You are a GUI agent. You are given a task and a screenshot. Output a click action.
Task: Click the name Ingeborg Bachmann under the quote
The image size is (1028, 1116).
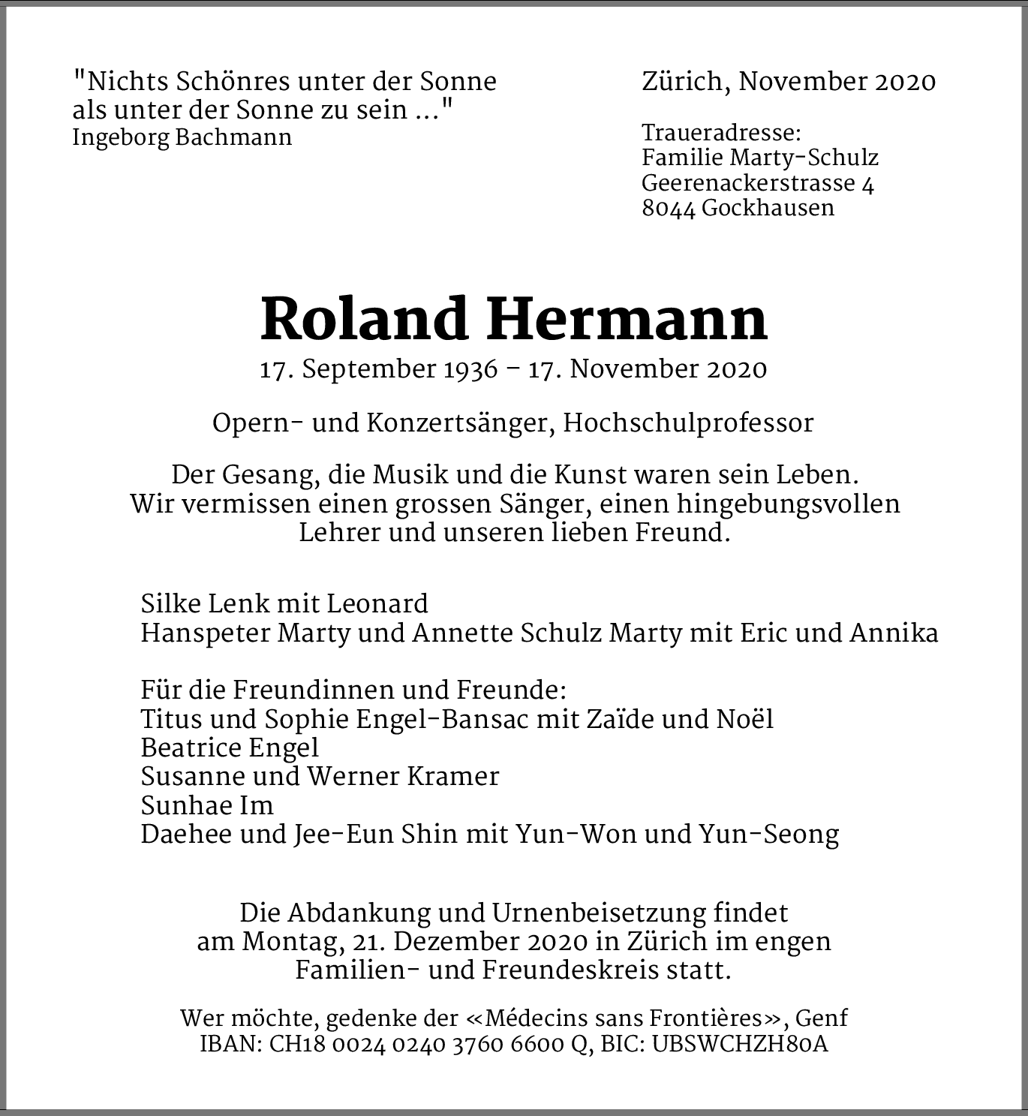pos(182,138)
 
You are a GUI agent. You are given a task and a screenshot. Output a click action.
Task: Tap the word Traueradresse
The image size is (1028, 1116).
pos(720,134)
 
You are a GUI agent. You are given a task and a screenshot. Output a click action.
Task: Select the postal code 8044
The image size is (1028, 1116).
pos(669,207)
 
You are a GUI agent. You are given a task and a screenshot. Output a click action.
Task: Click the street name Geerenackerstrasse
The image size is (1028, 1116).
pos(749,183)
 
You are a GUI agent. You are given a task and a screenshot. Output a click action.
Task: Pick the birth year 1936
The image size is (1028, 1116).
pos(469,369)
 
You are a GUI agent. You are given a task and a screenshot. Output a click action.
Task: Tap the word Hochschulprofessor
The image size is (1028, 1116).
pos(688,423)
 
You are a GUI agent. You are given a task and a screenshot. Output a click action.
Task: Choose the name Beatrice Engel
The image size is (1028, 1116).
pos(230,748)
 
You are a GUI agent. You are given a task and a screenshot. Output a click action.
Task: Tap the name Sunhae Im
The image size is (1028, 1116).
pos(207,806)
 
